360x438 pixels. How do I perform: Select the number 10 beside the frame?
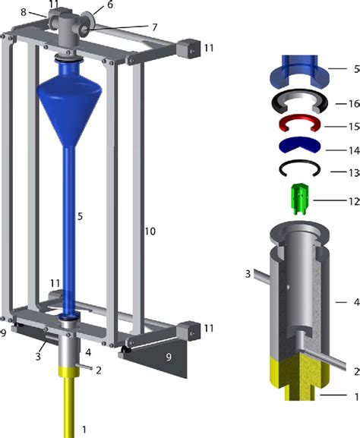(x=150, y=230)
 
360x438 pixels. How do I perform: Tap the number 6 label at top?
(x=109, y=5)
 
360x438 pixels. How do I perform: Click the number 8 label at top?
(x=24, y=12)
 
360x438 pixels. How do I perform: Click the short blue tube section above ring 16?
(x=302, y=71)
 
